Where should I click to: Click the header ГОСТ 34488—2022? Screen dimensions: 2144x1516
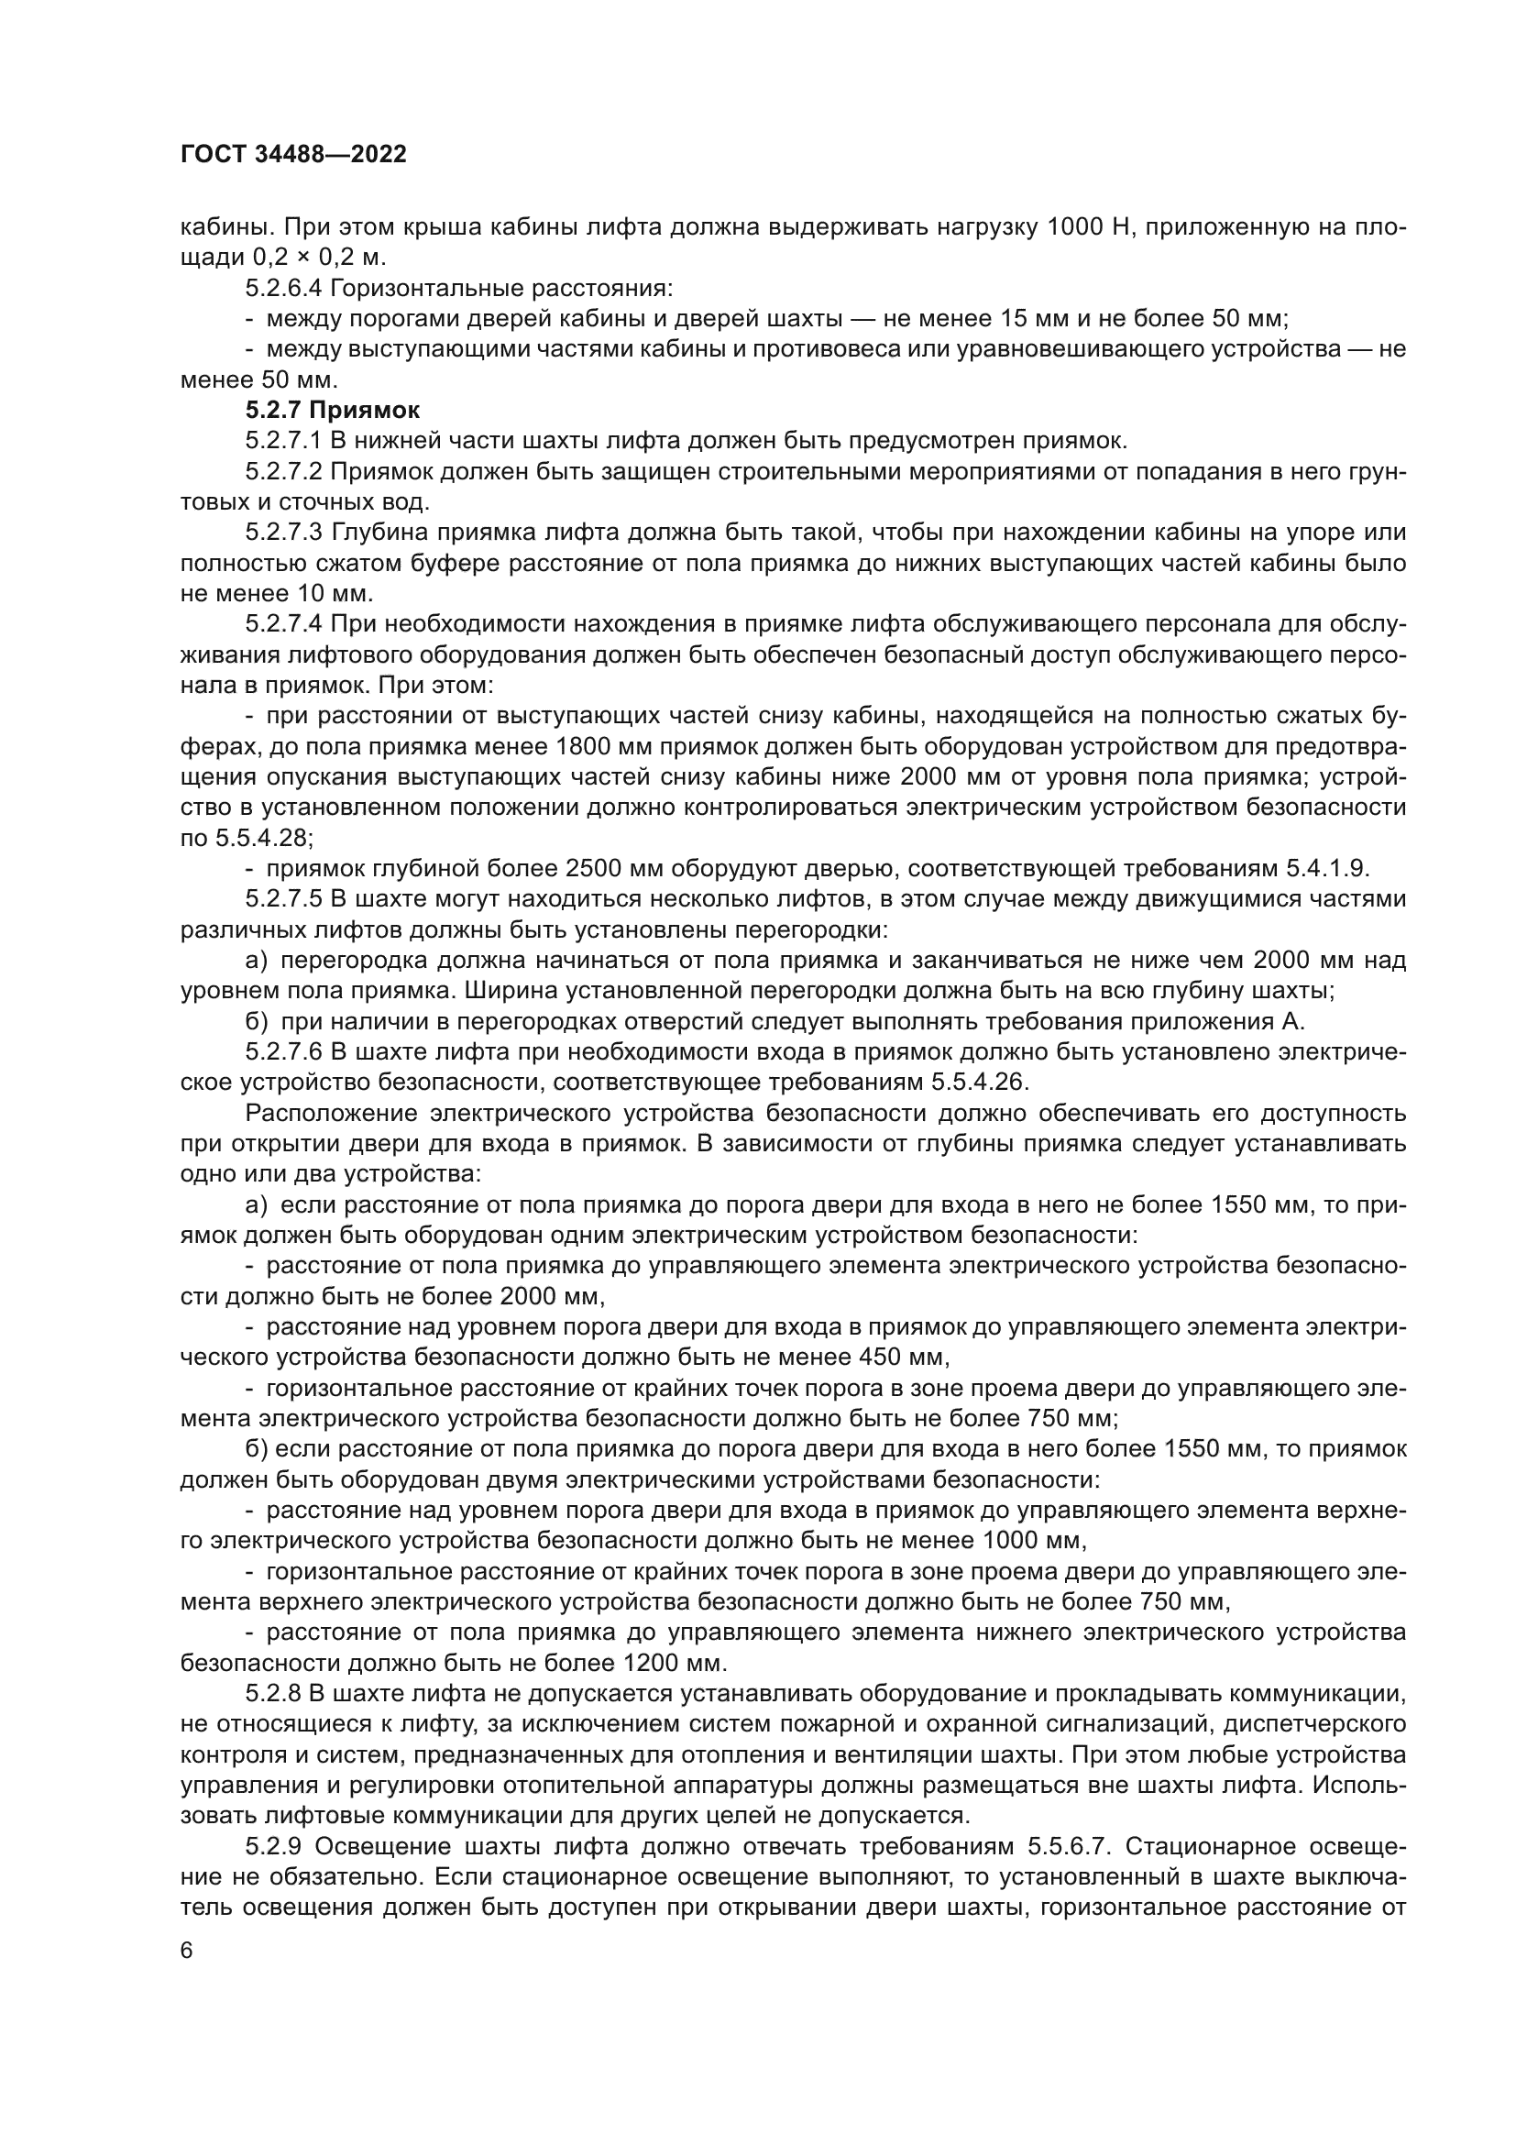pyautogui.click(x=293, y=155)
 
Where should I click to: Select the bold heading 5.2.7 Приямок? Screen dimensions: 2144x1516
pyautogui.click(x=333, y=410)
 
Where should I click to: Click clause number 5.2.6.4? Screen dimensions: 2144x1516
pyautogui.click(x=286, y=288)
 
